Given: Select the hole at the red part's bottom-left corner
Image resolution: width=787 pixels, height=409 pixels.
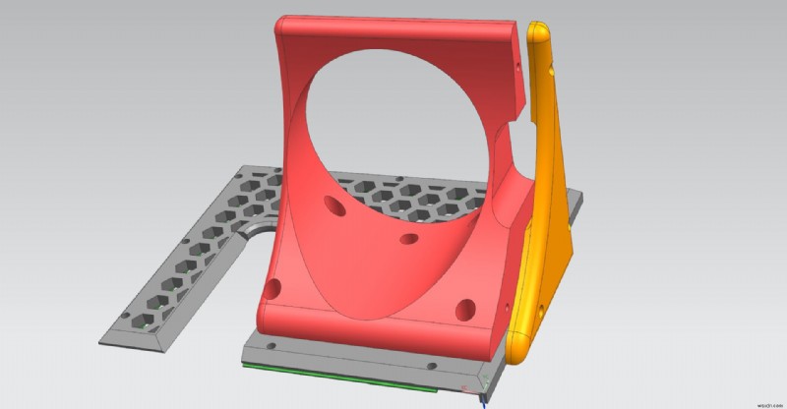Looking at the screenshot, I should pos(274,289).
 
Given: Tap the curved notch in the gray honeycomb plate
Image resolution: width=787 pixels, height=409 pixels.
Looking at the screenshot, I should pos(258,228).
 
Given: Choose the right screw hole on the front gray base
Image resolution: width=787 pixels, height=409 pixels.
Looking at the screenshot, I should pos(430,366).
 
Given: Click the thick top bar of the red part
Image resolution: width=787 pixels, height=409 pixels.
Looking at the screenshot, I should pos(393,35).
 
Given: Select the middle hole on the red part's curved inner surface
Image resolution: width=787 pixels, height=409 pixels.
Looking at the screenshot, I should pos(405,239).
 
